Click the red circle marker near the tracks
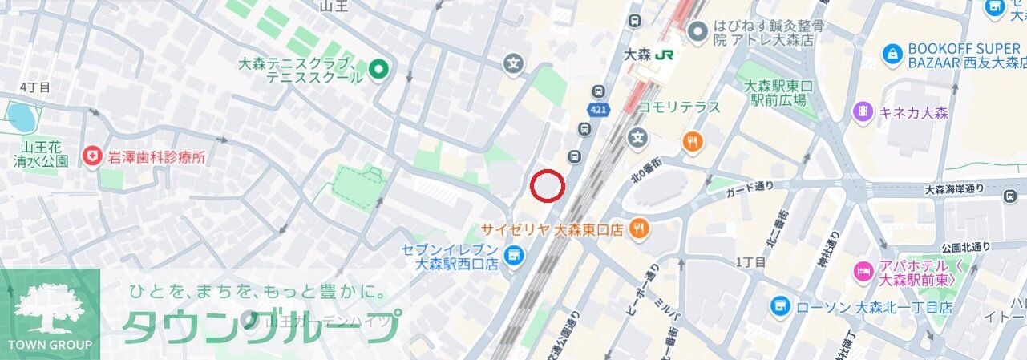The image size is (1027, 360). pos(548,186)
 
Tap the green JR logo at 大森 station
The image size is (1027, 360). pos(664,55)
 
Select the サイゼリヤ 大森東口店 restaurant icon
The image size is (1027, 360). pos(639,229)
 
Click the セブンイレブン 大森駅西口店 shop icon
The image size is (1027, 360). pos(514,256)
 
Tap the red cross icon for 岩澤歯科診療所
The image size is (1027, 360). pos(94,156)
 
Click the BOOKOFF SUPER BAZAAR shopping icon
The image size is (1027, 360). pos(892,55)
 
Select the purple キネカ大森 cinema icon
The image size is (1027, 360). pos(863,111)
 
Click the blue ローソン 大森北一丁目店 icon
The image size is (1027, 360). pos(779,305)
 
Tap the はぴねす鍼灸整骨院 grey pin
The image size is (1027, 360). pos(699,31)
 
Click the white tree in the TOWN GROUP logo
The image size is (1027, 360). pos(50,309)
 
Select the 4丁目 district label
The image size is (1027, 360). pos(34,87)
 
